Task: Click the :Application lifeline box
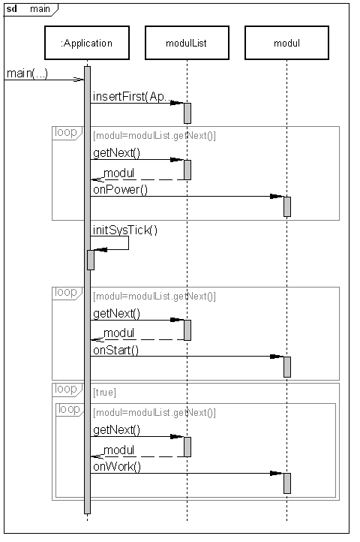[87, 43]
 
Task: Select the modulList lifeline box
[187, 43]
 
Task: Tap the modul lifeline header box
[286, 43]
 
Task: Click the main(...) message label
[27, 74]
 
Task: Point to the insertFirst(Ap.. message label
[132, 96]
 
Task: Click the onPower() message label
[120, 189]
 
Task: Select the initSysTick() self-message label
[125, 230]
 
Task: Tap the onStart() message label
[115, 350]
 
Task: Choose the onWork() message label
[117, 467]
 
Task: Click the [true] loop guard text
[104, 393]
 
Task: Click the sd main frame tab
[31, 9]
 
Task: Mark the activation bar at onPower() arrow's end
[287, 206]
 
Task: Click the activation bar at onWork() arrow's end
[287, 483]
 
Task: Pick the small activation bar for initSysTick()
[91, 260]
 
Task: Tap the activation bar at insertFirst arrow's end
[187, 113]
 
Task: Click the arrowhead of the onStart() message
[277, 357]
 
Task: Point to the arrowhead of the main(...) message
[79, 80]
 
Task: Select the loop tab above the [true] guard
[67, 389]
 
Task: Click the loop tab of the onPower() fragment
[67, 133]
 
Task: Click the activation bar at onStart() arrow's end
[287, 367]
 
